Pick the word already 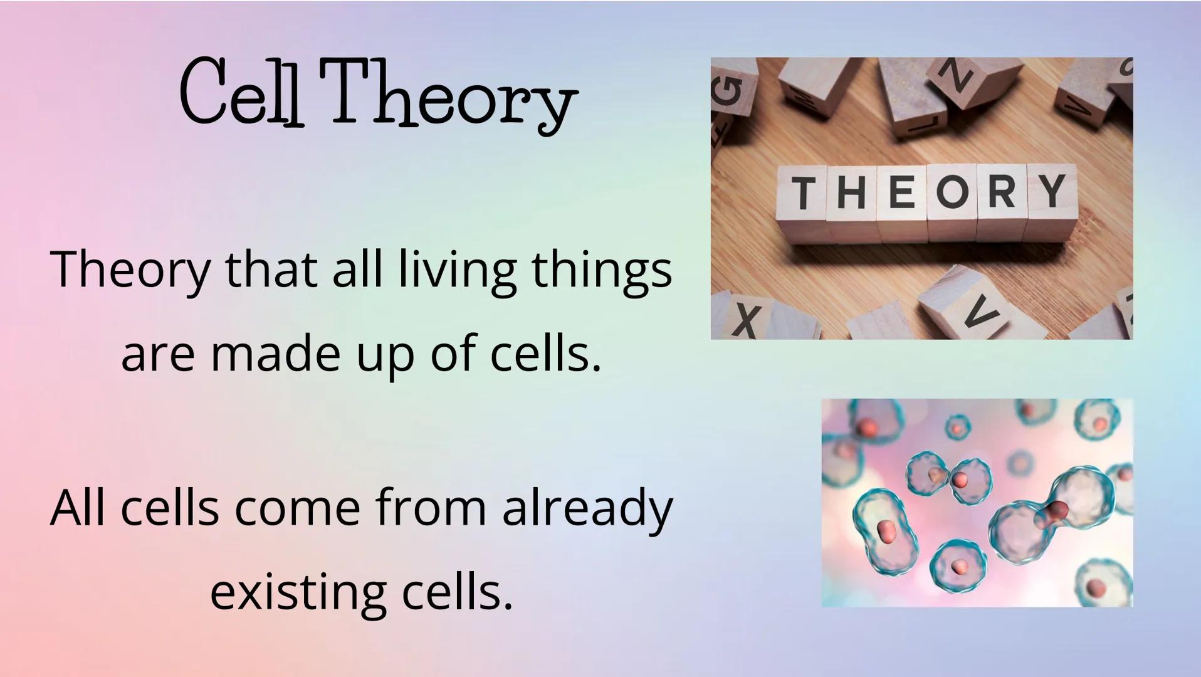587,509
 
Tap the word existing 296,592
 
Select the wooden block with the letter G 732,91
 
